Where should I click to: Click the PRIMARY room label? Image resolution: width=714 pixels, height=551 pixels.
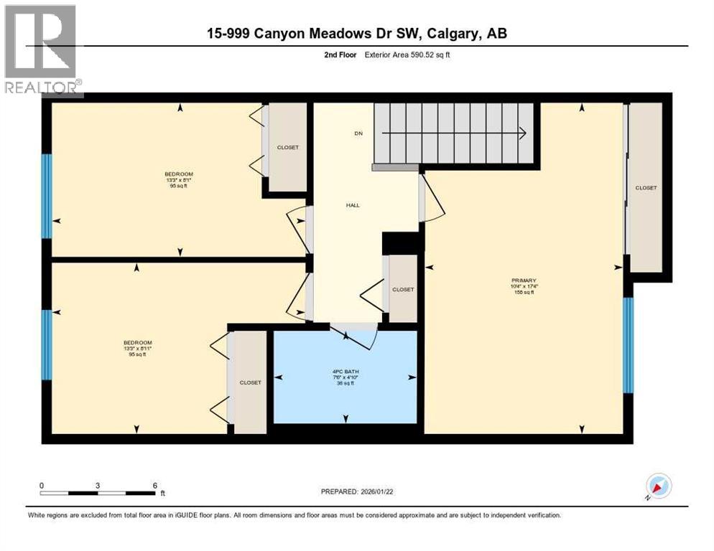[524, 281]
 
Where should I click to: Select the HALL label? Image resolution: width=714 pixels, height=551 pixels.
[353, 205]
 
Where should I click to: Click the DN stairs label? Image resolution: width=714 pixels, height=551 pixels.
[357, 133]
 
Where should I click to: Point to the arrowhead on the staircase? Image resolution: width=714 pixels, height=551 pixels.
[522, 133]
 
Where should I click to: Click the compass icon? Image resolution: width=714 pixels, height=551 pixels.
[658, 486]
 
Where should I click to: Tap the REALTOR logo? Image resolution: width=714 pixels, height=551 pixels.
[42, 50]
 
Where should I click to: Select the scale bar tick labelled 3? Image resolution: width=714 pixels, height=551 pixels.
[97, 486]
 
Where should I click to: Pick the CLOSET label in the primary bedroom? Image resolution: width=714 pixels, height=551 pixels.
[645, 188]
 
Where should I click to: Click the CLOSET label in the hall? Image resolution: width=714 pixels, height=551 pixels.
[402, 290]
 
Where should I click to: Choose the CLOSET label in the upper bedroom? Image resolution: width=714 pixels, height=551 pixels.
[287, 148]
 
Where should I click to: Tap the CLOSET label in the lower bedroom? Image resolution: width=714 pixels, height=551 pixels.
[250, 382]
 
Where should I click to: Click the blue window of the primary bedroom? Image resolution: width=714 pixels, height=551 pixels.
[628, 345]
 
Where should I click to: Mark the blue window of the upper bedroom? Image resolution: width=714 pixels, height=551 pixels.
[47, 196]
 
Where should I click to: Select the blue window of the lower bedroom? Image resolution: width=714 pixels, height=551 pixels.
[47, 344]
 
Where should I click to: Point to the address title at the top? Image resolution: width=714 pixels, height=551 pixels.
[357, 34]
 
